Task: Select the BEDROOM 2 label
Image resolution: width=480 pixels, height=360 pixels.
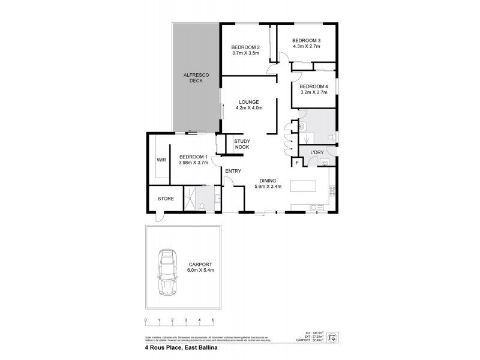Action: click(x=245, y=48)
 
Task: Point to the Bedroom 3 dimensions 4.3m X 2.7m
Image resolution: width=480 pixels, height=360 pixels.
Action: click(x=306, y=46)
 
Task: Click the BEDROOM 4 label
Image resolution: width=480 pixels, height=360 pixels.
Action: click(x=313, y=86)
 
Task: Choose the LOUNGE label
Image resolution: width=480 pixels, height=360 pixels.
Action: click(x=248, y=102)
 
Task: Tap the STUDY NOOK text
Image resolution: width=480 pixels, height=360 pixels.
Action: click(x=242, y=144)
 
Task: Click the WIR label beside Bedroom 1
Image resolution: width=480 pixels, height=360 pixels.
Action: click(x=161, y=160)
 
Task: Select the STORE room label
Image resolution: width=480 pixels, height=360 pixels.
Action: click(x=166, y=199)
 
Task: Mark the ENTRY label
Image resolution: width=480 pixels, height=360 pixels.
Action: click(x=233, y=172)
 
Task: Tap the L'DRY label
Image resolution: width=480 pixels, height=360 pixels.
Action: click(x=317, y=153)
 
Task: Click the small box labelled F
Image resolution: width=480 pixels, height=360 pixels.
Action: click(x=296, y=162)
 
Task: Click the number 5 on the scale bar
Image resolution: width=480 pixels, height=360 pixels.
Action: click(x=212, y=320)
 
